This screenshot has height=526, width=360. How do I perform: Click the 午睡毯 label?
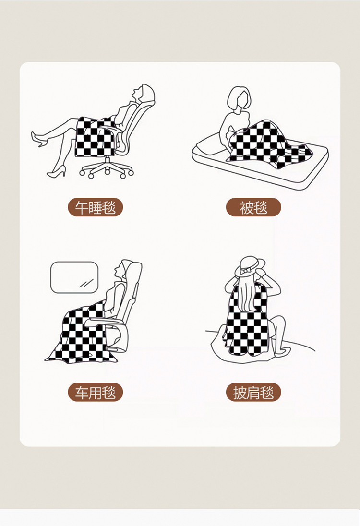(96, 207)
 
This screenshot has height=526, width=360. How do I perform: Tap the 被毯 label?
(253, 207)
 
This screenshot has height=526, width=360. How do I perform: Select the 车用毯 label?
(96, 392)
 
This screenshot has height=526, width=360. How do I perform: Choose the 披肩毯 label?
(253, 392)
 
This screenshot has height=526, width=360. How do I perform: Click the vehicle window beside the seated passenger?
(74, 277)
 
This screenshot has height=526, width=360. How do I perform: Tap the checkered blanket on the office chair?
(95, 136)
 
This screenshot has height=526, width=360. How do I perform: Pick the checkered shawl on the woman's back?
(248, 322)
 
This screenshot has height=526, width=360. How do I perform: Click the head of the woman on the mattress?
(239, 98)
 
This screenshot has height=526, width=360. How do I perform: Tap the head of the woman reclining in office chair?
(144, 93)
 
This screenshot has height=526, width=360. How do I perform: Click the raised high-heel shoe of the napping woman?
(38, 139)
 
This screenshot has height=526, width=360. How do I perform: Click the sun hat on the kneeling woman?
(250, 266)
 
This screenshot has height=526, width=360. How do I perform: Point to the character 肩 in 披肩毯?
(253, 392)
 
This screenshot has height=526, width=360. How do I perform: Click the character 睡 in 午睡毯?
(96, 207)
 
